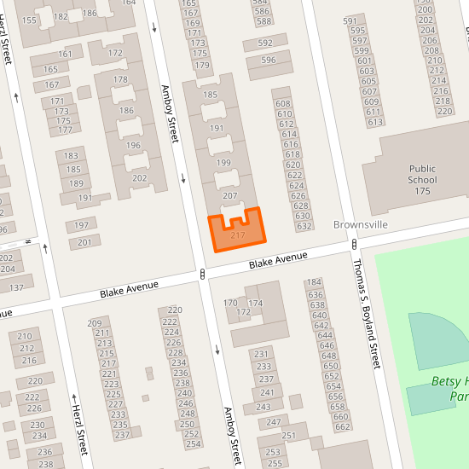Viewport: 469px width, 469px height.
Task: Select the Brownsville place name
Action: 359,224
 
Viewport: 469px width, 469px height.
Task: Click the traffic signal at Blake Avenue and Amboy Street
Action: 202,275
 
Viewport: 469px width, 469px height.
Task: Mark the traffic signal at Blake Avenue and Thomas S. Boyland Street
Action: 353,245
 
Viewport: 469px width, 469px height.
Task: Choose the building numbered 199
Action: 224,163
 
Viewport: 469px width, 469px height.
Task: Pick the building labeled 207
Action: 229,196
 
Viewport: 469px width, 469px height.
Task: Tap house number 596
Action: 269,61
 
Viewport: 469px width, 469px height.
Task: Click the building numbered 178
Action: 120,80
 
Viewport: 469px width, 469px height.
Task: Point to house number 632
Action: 304,226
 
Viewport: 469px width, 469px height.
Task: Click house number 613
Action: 375,122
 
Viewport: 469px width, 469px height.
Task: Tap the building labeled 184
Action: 314,282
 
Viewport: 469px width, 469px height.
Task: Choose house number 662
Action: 343,426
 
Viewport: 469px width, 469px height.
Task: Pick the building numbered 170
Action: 230,303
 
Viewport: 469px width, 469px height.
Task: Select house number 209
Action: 95,323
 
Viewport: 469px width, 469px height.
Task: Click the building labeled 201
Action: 84,243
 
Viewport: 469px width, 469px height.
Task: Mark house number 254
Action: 194,443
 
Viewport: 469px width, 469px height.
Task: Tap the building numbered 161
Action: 66,54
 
